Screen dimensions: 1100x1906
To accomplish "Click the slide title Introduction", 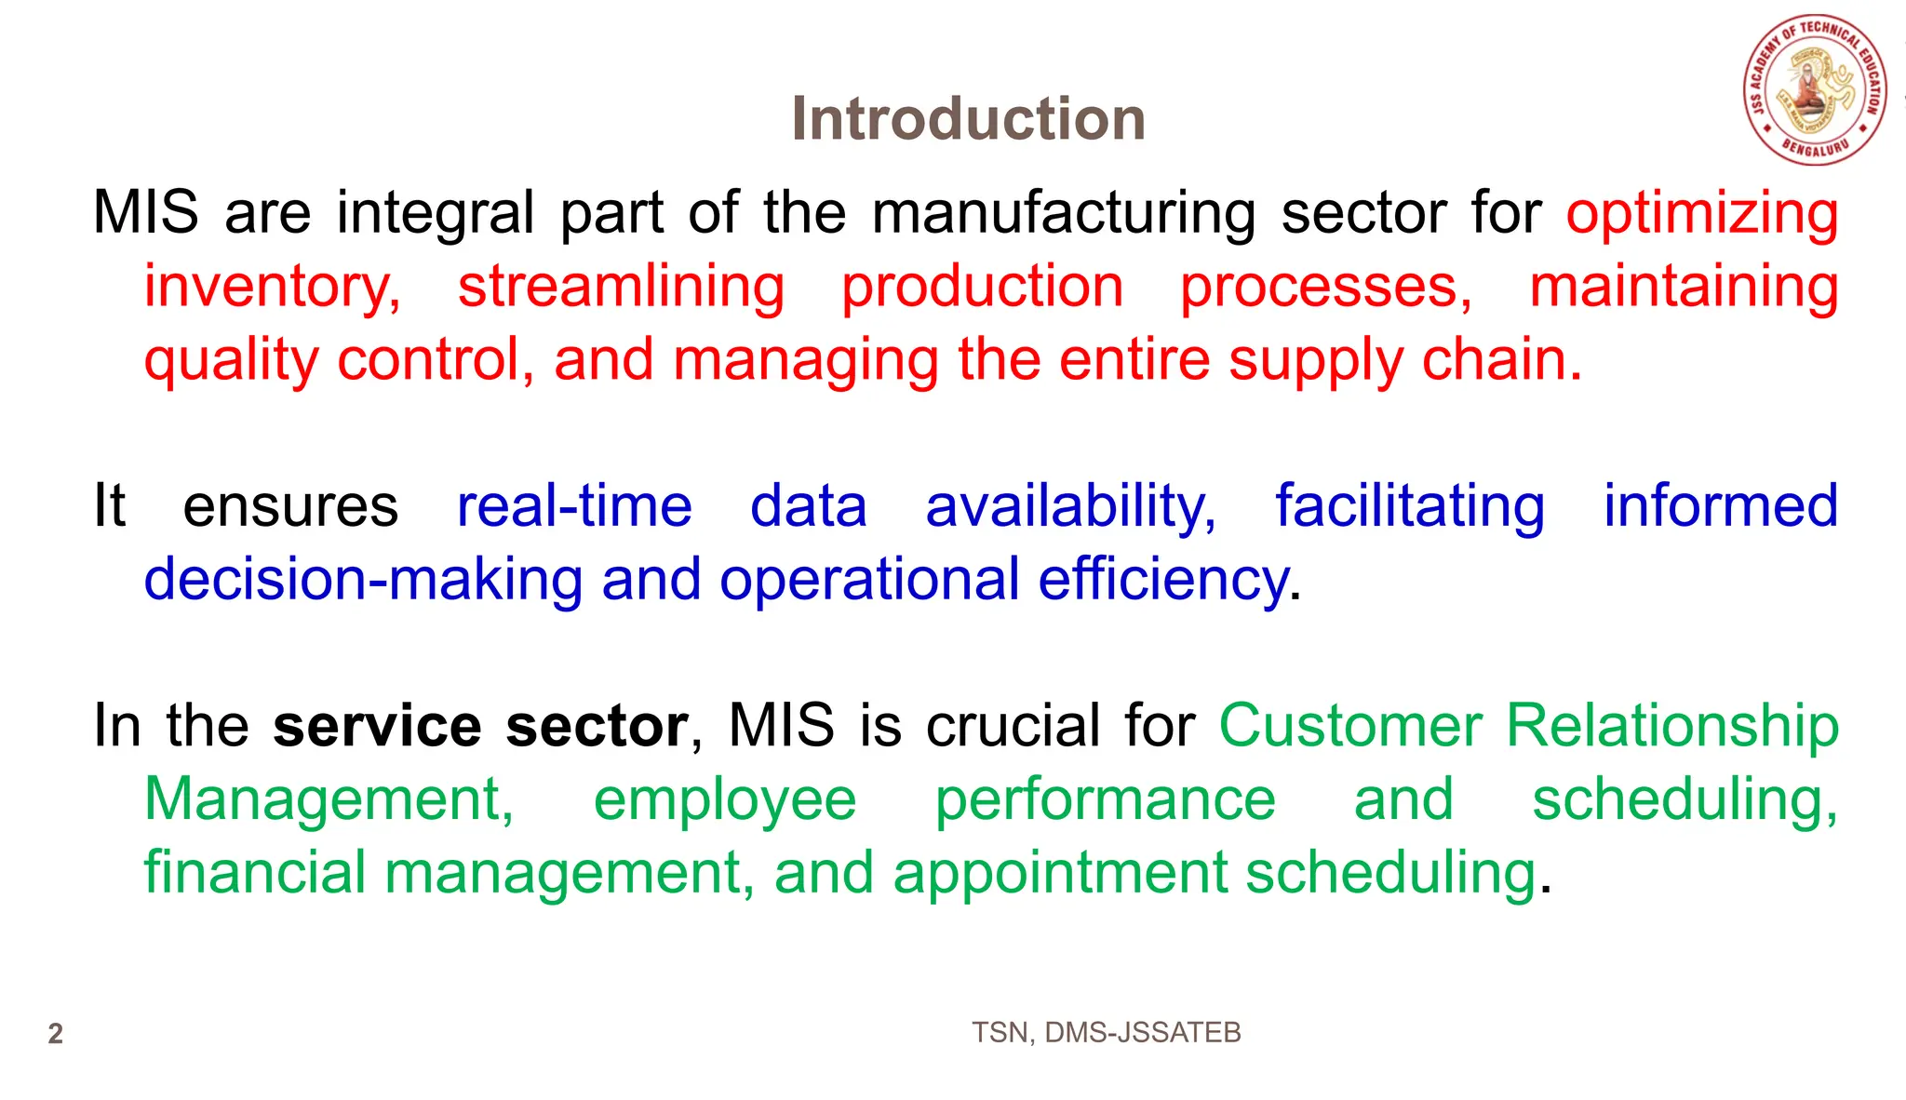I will click(x=968, y=119).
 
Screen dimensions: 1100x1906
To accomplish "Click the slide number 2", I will click(x=56, y=1034).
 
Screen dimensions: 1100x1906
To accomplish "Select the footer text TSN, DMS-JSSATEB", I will click(x=1106, y=1033).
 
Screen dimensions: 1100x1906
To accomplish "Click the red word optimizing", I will click(x=1701, y=213).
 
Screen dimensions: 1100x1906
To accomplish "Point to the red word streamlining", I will click(x=621, y=287).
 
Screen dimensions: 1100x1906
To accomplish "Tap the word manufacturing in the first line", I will click(x=1064, y=213).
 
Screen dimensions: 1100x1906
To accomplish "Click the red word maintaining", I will click(x=1684, y=287).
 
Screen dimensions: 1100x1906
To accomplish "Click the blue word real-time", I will click(x=574, y=507).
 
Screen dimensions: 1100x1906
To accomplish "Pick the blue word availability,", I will click(x=1070, y=507).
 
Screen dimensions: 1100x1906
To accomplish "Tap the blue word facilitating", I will click(x=1409, y=507).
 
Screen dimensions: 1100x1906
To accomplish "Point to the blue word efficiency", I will click(x=1162, y=581).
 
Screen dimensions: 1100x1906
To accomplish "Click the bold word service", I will click(x=377, y=727).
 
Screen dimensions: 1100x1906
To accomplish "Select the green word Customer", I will click(x=1349, y=727).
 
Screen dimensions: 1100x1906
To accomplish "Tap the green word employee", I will click(x=724, y=800).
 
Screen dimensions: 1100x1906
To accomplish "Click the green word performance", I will click(x=1105, y=800).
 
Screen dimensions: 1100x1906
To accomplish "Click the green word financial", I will click(x=254, y=874).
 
